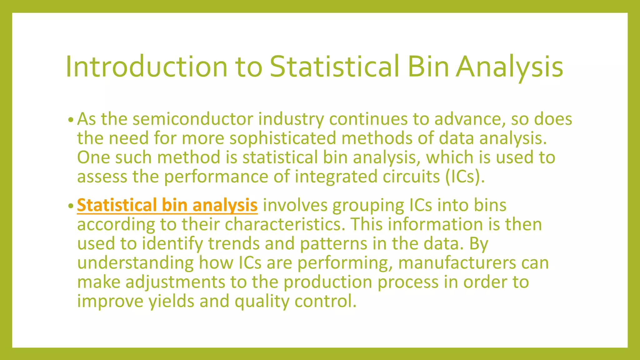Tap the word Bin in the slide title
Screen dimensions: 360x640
(x=428, y=67)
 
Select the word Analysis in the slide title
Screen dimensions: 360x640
(x=509, y=67)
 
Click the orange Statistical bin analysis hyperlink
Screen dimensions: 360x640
(x=167, y=205)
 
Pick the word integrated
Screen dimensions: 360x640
(x=336, y=177)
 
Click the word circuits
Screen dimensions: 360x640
(x=411, y=177)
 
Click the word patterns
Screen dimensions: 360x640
(x=333, y=243)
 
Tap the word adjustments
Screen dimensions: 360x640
(x=175, y=282)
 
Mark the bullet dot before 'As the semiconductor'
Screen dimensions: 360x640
(x=71, y=120)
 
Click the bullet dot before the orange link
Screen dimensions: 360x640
(x=71, y=206)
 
